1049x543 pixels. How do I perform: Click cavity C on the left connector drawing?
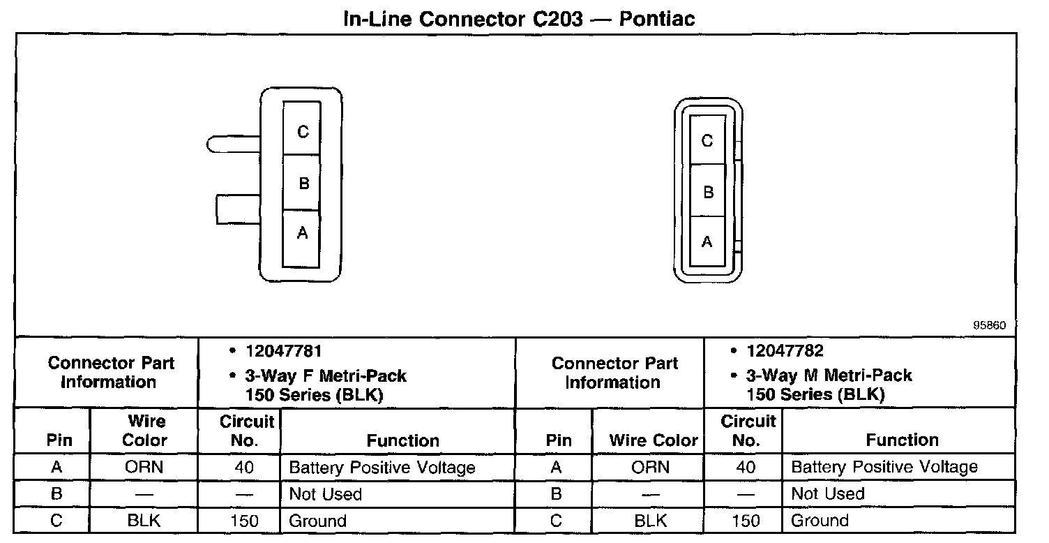(x=302, y=131)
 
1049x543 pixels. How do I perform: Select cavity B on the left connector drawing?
(x=302, y=184)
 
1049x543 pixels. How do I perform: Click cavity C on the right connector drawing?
(x=707, y=141)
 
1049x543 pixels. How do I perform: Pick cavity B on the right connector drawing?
(x=707, y=191)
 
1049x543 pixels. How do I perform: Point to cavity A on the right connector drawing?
(x=707, y=241)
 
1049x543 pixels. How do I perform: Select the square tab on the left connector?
(x=238, y=209)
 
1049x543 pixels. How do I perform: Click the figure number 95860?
(x=990, y=325)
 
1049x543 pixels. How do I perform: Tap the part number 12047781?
(x=283, y=351)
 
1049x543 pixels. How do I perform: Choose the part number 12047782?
(x=785, y=351)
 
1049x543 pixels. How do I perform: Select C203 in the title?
(x=552, y=18)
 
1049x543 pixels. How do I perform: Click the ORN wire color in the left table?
(x=144, y=468)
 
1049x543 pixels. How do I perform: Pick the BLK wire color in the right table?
(x=650, y=521)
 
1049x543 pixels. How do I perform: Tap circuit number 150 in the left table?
(x=243, y=521)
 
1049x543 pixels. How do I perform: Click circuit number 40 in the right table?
(x=746, y=468)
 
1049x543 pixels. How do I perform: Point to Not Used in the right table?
(x=827, y=494)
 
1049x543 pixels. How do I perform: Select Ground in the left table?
(x=317, y=521)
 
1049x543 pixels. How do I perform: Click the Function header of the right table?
(x=902, y=440)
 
